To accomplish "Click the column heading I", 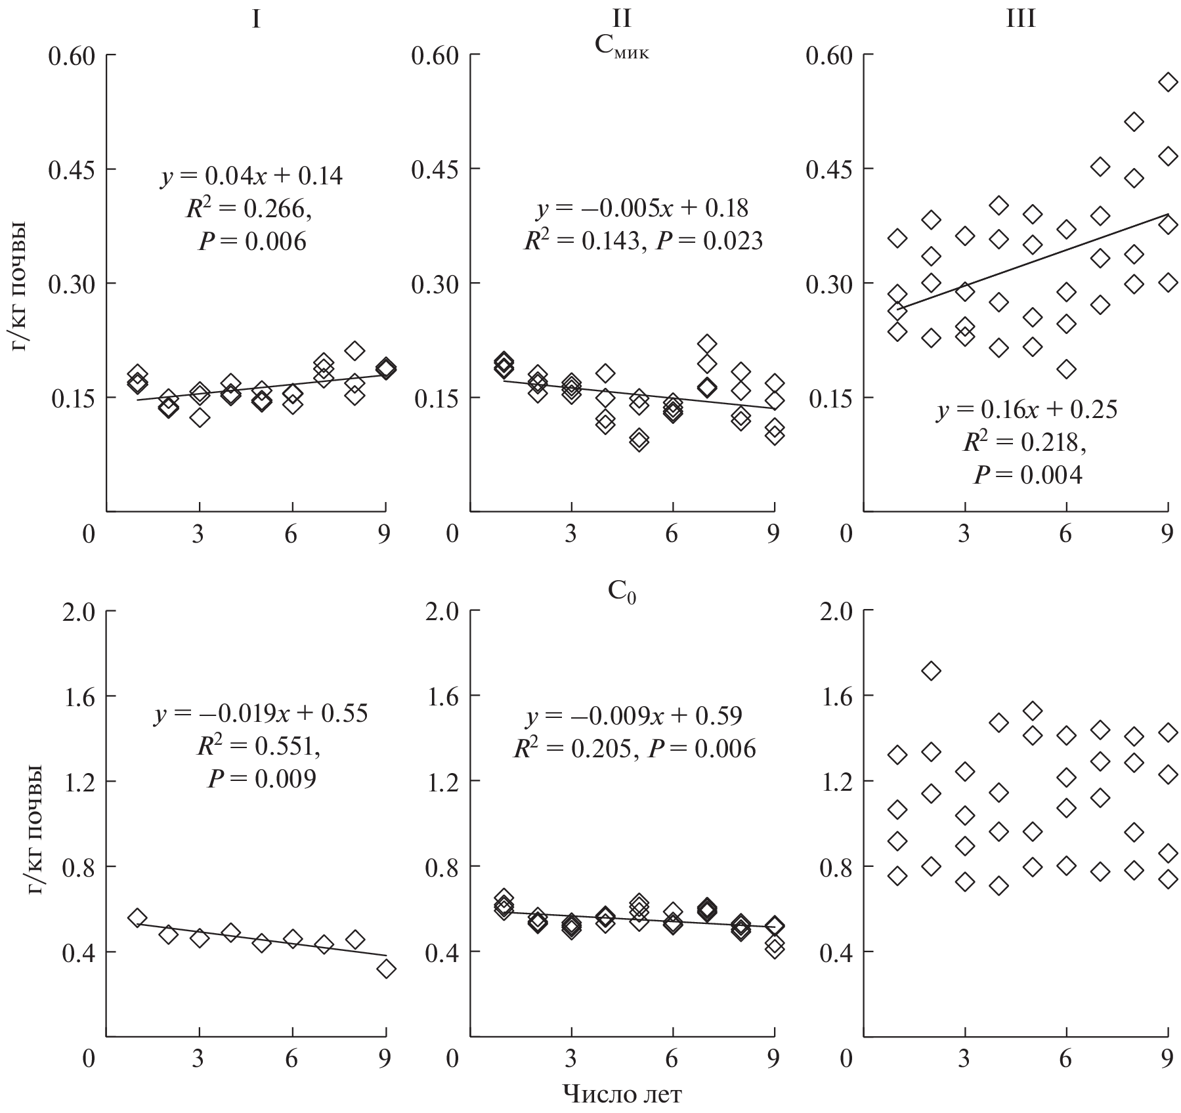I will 256,20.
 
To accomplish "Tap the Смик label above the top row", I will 621,49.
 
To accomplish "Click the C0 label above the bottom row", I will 621,592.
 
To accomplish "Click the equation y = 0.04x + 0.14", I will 251,176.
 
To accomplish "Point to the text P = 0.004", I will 1027,474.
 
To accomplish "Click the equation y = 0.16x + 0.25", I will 1027,409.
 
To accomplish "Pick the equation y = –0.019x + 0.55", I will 261,714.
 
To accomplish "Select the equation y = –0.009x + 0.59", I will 633,716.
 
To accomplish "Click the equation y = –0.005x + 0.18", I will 642,209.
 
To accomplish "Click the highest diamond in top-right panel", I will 1168,82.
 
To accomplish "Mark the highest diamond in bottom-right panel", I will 931,671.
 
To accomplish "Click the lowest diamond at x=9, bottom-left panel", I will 386,969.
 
